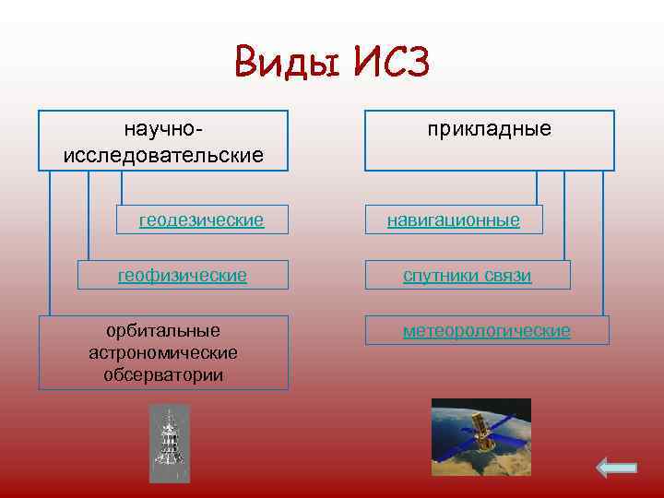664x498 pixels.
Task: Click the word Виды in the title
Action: [x=282, y=65]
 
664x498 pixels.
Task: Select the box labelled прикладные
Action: [x=489, y=140]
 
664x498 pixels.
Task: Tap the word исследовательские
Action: [x=163, y=154]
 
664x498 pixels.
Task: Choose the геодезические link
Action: [x=201, y=220]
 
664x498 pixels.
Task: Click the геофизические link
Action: [x=182, y=275]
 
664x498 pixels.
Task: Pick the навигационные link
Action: [x=453, y=220]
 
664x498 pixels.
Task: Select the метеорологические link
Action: [x=486, y=330]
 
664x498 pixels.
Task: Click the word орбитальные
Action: [x=163, y=330]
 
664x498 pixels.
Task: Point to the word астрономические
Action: [x=163, y=352]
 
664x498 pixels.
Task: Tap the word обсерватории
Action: [x=163, y=375]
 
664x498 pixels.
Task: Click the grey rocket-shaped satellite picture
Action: [x=169, y=444]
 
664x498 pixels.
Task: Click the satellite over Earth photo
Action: [x=480, y=435]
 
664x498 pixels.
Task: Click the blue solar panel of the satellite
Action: [x=505, y=433]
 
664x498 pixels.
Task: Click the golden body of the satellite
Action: [x=480, y=427]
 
